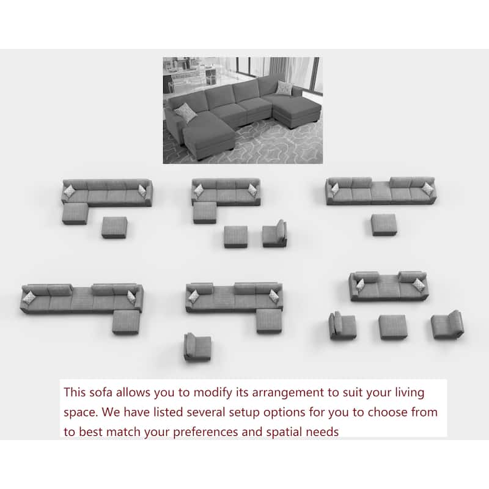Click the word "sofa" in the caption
pos(101,392)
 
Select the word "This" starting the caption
pos(75,392)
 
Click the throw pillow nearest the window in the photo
pos(284,87)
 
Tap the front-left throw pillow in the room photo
pos(186,112)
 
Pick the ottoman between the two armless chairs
pos(393,327)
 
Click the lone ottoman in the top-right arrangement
pos(384,224)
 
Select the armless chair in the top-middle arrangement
pos(274,233)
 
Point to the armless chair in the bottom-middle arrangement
pos(197,347)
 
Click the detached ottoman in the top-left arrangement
pos(114,227)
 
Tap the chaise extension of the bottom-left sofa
pos(126,322)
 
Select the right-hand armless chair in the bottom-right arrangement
pos(447,325)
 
